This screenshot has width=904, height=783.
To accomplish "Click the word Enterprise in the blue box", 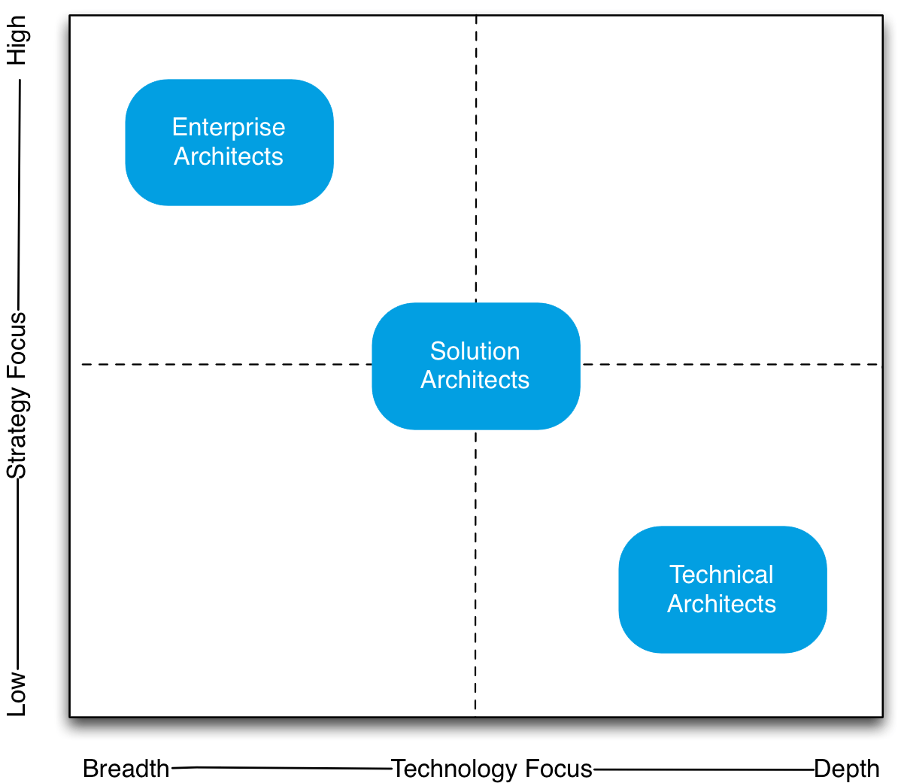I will tap(229, 127).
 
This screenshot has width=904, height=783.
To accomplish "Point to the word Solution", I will tap(475, 351).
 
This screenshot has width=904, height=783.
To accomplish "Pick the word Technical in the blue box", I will tap(721, 575).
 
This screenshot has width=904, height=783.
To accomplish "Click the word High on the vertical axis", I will tap(17, 41).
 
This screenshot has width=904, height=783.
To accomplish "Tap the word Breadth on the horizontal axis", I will tap(126, 769).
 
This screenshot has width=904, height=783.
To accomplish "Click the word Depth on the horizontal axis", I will tap(846, 769).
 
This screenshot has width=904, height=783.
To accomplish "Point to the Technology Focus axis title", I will tap(492, 769).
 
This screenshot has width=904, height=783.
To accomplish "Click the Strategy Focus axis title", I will tap(17, 396).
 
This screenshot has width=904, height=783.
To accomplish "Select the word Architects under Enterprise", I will tap(229, 156).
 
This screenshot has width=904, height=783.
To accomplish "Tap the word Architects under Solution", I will tap(475, 380).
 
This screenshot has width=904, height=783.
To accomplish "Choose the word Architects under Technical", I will tap(721, 604).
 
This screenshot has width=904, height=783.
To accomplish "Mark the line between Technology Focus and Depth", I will tap(703, 769).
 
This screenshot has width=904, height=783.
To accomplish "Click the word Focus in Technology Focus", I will tap(558, 769).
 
